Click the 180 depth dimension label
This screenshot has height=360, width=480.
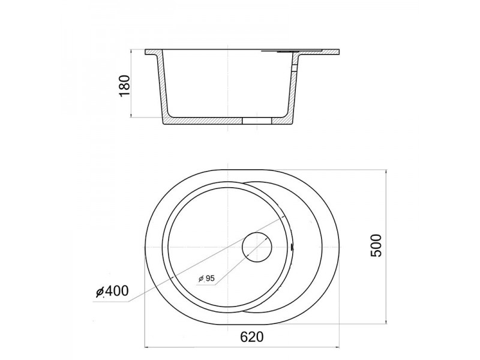(125, 85)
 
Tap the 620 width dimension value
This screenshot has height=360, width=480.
(251, 337)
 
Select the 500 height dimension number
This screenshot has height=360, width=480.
(376, 245)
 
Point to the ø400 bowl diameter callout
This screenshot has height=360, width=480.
(112, 291)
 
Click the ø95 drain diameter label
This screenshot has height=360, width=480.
(206, 278)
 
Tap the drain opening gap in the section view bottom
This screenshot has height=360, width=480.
(257, 121)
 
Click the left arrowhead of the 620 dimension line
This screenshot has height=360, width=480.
(147, 347)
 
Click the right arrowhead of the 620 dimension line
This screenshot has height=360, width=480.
(337, 347)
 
